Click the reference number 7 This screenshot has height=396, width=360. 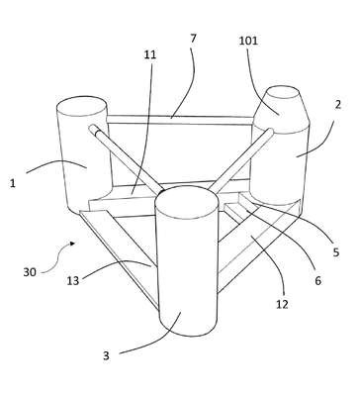point(193,39)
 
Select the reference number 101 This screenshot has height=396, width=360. point(248,41)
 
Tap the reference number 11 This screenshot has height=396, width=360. point(149,54)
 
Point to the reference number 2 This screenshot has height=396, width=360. point(337,105)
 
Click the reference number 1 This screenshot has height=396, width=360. point(13,183)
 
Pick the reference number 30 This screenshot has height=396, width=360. point(30,272)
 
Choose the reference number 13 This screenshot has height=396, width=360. point(73,280)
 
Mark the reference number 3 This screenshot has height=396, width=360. point(106,355)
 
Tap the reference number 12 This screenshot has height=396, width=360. point(282,304)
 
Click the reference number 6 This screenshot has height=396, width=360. point(317,280)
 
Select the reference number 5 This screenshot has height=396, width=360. point(336,252)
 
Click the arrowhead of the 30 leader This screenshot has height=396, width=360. point(72,244)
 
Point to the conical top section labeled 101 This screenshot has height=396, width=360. point(282,109)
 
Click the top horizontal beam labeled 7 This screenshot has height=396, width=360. point(180,120)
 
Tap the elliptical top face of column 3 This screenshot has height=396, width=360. point(187,201)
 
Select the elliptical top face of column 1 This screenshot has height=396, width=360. point(81,107)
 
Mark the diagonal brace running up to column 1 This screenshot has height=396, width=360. point(126,158)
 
